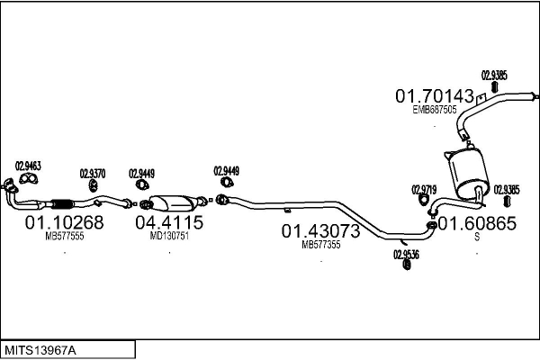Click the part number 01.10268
[x=64, y=222]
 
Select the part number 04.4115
[x=169, y=222]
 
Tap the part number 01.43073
[x=321, y=231]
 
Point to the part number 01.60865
[x=477, y=223]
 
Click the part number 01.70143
[x=434, y=95]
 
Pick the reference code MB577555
[x=64, y=236]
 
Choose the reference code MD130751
[x=169, y=236]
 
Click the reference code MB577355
[x=321, y=244]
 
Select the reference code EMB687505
[x=435, y=109]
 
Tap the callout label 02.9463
[x=29, y=166]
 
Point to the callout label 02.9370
[x=93, y=173]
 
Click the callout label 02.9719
[x=424, y=189]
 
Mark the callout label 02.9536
[x=406, y=254]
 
